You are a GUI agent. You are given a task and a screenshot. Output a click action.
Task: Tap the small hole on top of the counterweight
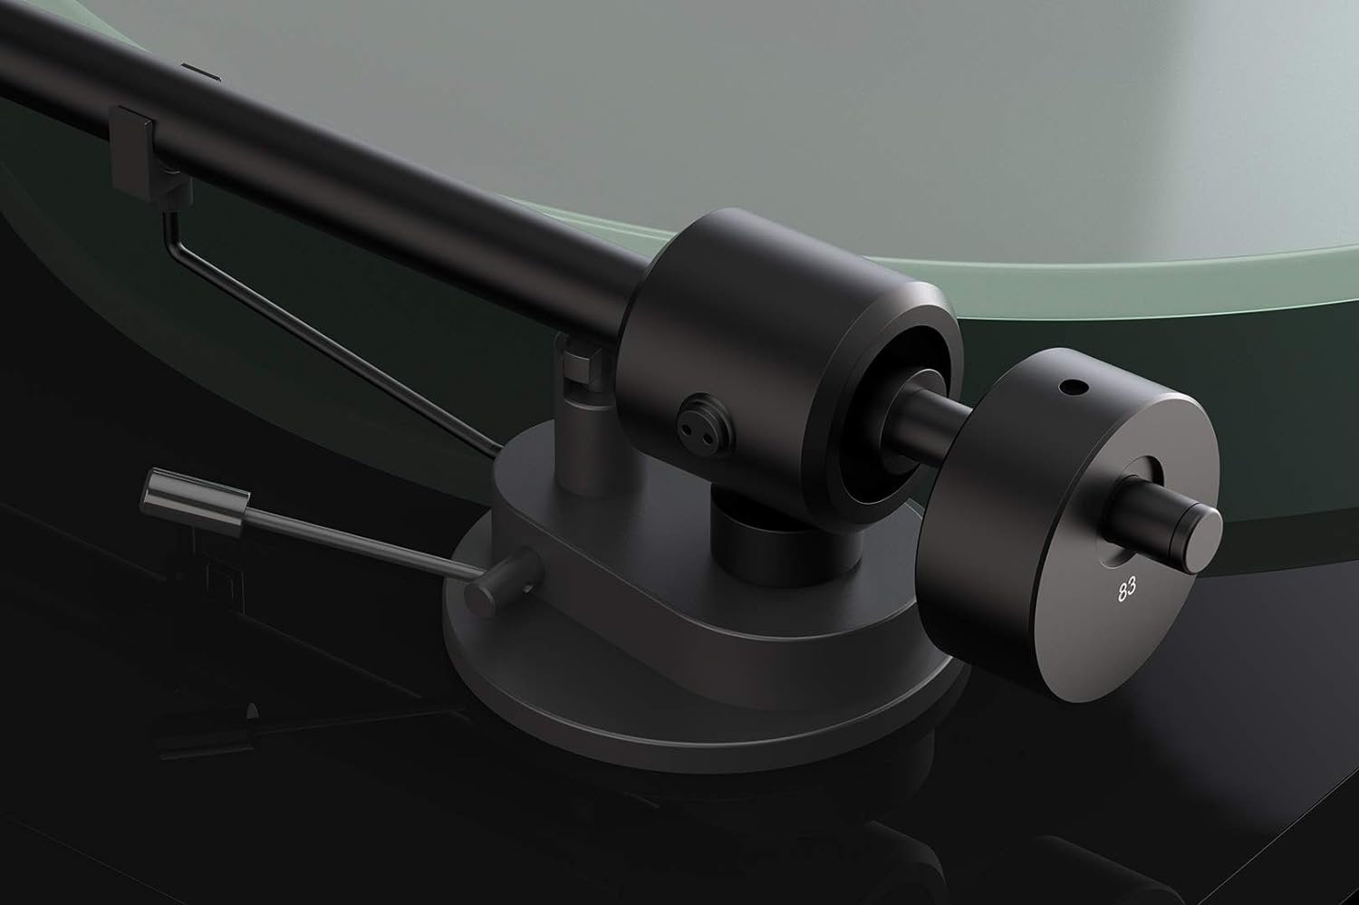point(1074,387)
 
